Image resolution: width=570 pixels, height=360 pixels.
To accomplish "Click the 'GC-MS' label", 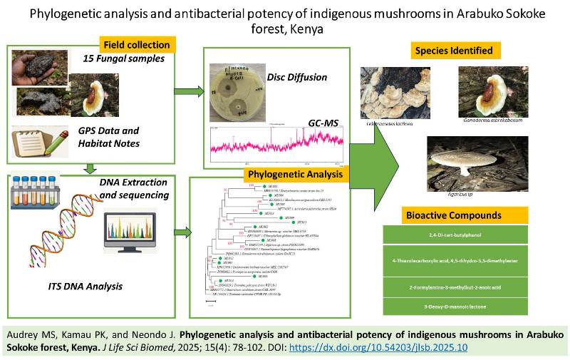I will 322,123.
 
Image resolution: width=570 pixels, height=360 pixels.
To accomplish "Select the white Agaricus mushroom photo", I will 471,161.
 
